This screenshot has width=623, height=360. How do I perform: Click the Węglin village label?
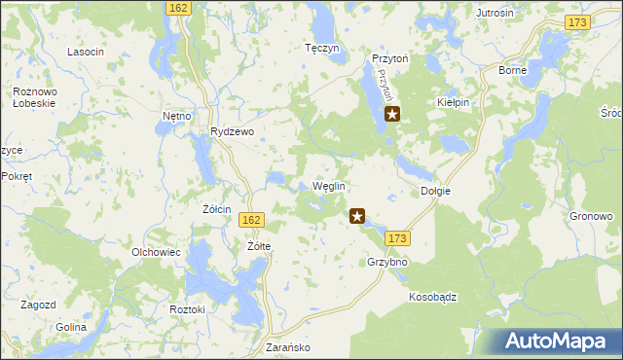pyautogui.click(x=328, y=186)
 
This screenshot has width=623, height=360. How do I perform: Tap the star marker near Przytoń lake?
pyautogui.click(x=392, y=114)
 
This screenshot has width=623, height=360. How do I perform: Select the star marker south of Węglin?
pyautogui.click(x=357, y=217)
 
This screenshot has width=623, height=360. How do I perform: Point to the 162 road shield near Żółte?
pyautogui.click(x=250, y=221)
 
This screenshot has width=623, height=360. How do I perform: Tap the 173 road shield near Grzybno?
pyautogui.click(x=396, y=238)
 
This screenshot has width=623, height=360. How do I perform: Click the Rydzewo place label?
pyautogui.click(x=232, y=132)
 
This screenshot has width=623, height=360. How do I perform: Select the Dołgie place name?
pyautogui.click(x=435, y=191)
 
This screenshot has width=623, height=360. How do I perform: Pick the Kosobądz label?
pyautogui.click(x=433, y=296)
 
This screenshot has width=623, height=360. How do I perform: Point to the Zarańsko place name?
pyautogui.click(x=287, y=346)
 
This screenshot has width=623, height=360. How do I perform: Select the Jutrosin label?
pyautogui.click(x=495, y=13)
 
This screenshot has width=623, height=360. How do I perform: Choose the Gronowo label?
pyautogui.click(x=590, y=216)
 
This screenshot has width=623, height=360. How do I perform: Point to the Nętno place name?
pyautogui.click(x=176, y=116)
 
